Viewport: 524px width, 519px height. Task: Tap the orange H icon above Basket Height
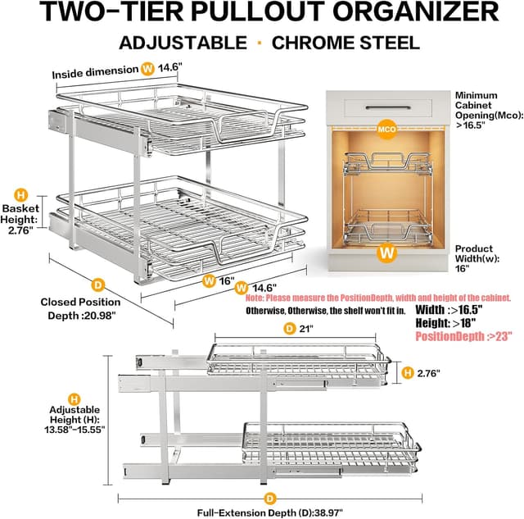(x=22, y=195)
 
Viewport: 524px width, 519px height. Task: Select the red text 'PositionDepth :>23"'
(x=463, y=337)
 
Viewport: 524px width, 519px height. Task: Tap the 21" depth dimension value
(x=305, y=329)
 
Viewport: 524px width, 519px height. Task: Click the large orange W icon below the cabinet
(x=386, y=253)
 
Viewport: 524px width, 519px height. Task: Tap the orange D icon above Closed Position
(x=97, y=285)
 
